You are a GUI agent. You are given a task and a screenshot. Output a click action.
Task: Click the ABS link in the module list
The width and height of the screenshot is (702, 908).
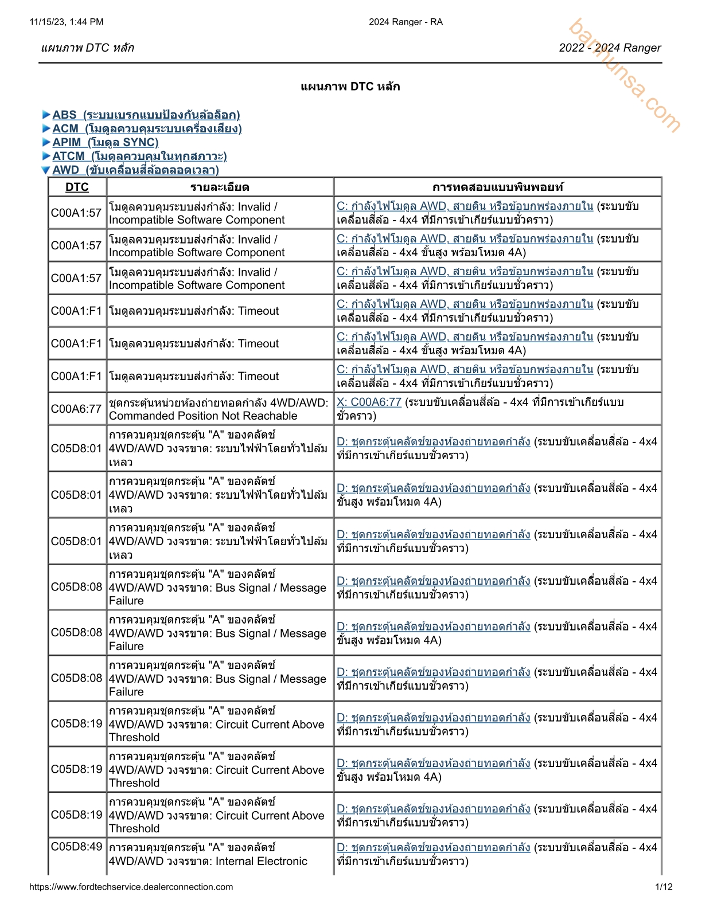click(x=146, y=115)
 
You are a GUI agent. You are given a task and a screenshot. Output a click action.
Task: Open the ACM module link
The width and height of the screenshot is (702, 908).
click(x=147, y=128)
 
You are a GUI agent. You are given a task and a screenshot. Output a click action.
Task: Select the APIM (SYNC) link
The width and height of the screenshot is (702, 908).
click(x=105, y=142)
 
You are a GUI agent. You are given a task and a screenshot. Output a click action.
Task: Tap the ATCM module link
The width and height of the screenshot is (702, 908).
click(x=139, y=156)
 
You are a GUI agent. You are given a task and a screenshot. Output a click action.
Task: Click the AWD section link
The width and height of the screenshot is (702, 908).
click(x=135, y=170)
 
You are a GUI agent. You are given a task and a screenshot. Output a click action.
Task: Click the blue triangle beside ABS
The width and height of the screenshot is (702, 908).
click(x=46, y=115)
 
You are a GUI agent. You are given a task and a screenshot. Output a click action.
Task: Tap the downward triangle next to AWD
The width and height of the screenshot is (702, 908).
click(x=46, y=170)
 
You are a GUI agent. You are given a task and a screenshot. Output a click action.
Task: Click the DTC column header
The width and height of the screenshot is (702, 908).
click(x=77, y=187)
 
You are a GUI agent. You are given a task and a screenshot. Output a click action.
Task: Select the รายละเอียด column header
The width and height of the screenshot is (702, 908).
click(x=220, y=187)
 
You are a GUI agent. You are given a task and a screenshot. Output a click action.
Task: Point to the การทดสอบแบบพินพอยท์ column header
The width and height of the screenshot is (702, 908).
click(x=497, y=187)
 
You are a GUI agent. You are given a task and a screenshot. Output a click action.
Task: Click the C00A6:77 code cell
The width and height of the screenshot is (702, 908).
click(x=76, y=409)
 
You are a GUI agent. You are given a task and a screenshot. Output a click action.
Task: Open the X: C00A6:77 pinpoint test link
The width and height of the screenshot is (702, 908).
click(x=369, y=402)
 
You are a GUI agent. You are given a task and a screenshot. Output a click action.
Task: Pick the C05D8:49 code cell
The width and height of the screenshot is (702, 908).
click(x=76, y=847)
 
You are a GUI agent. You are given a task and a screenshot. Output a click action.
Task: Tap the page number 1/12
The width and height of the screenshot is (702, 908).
click(x=664, y=887)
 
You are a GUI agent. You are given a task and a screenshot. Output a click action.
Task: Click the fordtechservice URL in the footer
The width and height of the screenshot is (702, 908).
click(x=131, y=887)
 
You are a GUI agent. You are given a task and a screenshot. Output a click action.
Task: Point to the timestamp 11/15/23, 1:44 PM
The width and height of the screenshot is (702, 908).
click(x=67, y=22)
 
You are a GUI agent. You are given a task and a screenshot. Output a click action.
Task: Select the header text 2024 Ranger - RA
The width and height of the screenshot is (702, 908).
click(x=405, y=22)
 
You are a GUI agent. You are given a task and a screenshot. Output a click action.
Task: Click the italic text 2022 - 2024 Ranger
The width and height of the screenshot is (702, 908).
click(x=610, y=48)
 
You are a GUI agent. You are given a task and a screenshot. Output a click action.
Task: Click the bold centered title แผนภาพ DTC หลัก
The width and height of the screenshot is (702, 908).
click(x=350, y=87)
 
